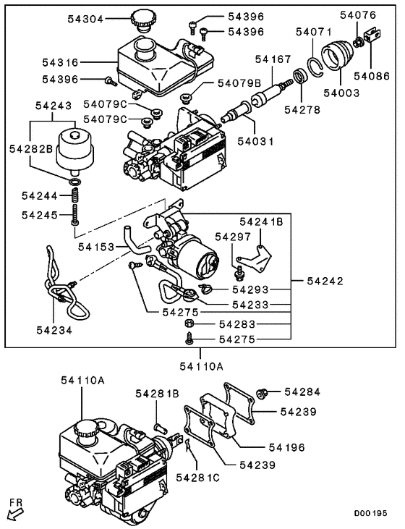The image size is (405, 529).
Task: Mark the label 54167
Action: [x=273, y=57]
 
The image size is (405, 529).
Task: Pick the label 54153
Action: [x=97, y=247]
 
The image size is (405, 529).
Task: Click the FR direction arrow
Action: [x=14, y=513]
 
